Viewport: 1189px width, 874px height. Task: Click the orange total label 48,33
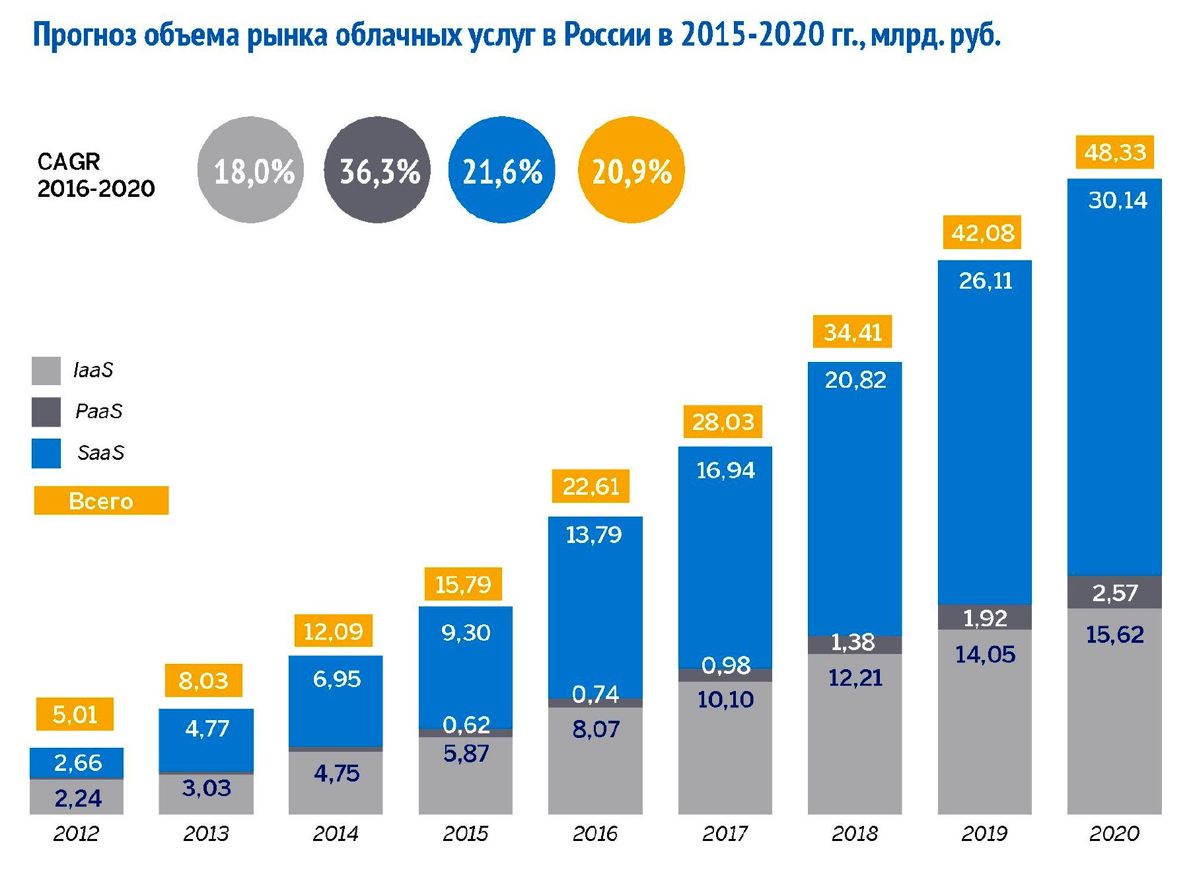[1115, 153]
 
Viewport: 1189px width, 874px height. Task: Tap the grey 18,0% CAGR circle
[251, 170]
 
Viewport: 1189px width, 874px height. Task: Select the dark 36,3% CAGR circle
[377, 170]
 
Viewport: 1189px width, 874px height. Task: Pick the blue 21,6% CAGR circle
[501, 170]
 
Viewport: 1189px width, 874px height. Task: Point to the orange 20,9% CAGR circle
[631, 170]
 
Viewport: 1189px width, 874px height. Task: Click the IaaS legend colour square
[46, 371]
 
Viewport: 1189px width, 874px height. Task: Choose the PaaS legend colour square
[46, 412]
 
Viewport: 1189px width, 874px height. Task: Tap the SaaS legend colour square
[46, 453]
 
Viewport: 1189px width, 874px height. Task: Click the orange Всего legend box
[101, 501]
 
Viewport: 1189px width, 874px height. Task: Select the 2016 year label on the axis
[594, 834]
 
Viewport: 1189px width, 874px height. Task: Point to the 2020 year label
[1114, 834]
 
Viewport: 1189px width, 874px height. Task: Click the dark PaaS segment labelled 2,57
[1114, 593]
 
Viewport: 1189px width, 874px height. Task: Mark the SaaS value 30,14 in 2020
[1118, 200]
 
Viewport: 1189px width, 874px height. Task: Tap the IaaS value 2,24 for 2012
[78, 799]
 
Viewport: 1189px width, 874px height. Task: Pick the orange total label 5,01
[75, 714]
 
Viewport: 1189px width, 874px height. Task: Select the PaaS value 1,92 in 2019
[985, 618]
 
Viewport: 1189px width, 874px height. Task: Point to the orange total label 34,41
[852, 332]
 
